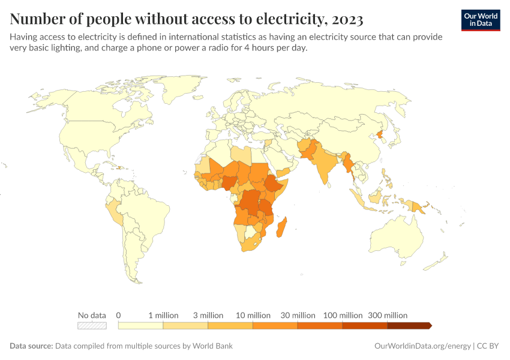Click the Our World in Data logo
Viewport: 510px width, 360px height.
481,19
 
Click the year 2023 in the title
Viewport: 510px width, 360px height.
346,20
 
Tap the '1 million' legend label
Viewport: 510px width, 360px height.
163,315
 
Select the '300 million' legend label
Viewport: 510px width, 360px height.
388,315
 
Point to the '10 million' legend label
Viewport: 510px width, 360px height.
253,315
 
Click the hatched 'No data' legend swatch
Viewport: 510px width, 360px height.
92,326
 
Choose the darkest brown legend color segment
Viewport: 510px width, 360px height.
409,326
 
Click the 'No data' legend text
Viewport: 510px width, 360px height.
92,315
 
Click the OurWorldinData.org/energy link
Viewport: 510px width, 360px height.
422,346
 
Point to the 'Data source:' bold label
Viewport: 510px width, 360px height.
31,346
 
